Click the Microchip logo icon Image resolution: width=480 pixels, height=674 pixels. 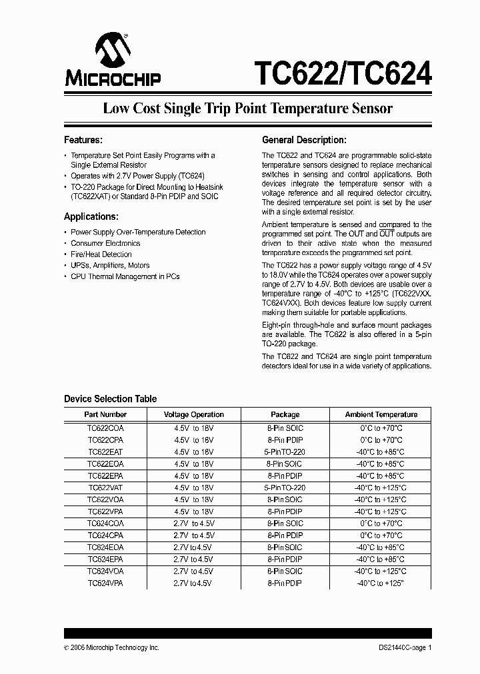(113, 51)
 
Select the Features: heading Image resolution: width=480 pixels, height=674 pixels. (83, 140)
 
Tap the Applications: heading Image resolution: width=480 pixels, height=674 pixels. (91, 216)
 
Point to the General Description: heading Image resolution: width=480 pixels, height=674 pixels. (304, 140)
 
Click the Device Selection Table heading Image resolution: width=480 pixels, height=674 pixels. (111, 399)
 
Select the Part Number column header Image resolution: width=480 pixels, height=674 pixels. (104, 414)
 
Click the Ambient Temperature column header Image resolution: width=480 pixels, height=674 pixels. (381, 414)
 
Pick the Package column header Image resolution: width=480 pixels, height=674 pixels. (285, 414)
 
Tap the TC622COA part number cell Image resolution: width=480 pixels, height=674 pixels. (105, 429)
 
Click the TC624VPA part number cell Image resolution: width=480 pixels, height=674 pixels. (105, 583)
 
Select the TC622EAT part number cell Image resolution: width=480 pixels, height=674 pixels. (105, 452)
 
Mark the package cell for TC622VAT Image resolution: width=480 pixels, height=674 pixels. (285, 488)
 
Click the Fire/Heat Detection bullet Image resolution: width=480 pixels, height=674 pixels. (101, 254)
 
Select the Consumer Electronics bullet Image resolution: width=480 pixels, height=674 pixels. (105, 243)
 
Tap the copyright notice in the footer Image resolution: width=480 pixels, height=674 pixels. (111, 647)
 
